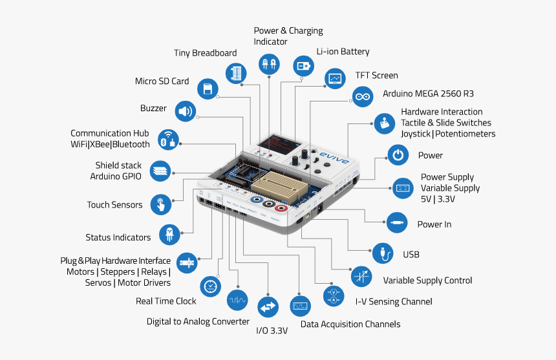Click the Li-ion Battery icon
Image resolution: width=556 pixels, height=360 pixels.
[x=303, y=65]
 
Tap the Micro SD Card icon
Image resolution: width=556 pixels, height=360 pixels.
[x=208, y=89]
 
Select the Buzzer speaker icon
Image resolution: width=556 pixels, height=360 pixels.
[x=186, y=111]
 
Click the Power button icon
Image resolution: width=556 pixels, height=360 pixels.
[x=398, y=155]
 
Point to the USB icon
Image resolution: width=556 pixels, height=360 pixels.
[x=383, y=253]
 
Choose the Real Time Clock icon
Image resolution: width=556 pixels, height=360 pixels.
[x=211, y=285]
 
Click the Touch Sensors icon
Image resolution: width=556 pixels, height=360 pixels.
[x=160, y=205]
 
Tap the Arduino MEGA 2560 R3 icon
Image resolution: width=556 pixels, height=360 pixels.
[x=363, y=97]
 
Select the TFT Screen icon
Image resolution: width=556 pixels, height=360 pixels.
[x=335, y=79]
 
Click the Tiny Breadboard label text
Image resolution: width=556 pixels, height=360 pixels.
[x=205, y=53]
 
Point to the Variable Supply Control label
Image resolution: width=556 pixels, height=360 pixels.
[x=427, y=281]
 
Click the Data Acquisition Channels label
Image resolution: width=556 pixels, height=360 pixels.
[x=350, y=324]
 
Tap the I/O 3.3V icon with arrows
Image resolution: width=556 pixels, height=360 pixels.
[x=268, y=306]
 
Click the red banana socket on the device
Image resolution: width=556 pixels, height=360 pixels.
[x=282, y=208]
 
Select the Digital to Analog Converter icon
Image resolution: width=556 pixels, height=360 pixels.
[x=237, y=300]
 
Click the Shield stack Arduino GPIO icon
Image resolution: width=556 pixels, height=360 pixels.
[x=161, y=171]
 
